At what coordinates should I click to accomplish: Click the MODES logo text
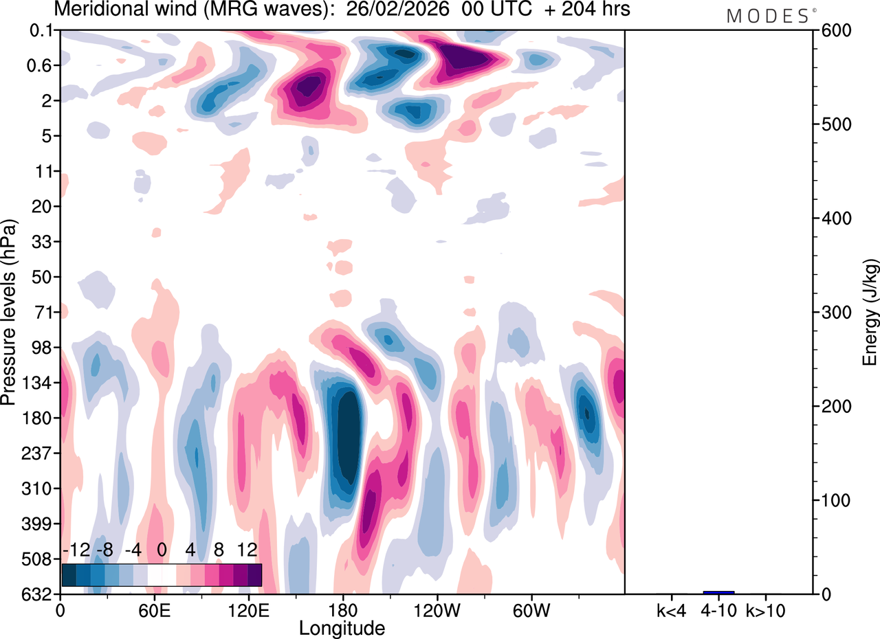click(768, 15)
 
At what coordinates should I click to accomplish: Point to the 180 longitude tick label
click(342, 610)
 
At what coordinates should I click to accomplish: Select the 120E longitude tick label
click(247, 610)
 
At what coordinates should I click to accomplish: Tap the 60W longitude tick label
click(530, 610)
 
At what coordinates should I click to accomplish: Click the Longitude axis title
click(342, 627)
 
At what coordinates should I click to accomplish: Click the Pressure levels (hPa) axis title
click(9, 312)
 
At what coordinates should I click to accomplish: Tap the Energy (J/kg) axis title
click(869, 312)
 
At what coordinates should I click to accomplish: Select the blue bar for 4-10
click(718, 592)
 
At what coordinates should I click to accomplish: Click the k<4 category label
click(670, 610)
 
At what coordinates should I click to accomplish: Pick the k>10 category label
click(766, 610)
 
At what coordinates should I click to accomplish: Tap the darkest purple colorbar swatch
click(254, 574)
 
